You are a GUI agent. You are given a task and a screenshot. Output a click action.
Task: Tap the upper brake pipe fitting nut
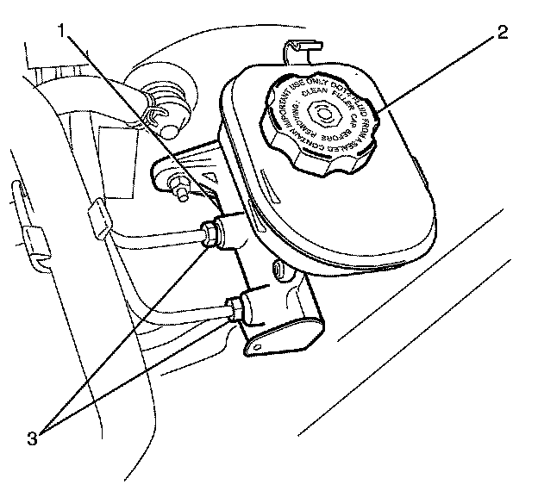tap(210, 233)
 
